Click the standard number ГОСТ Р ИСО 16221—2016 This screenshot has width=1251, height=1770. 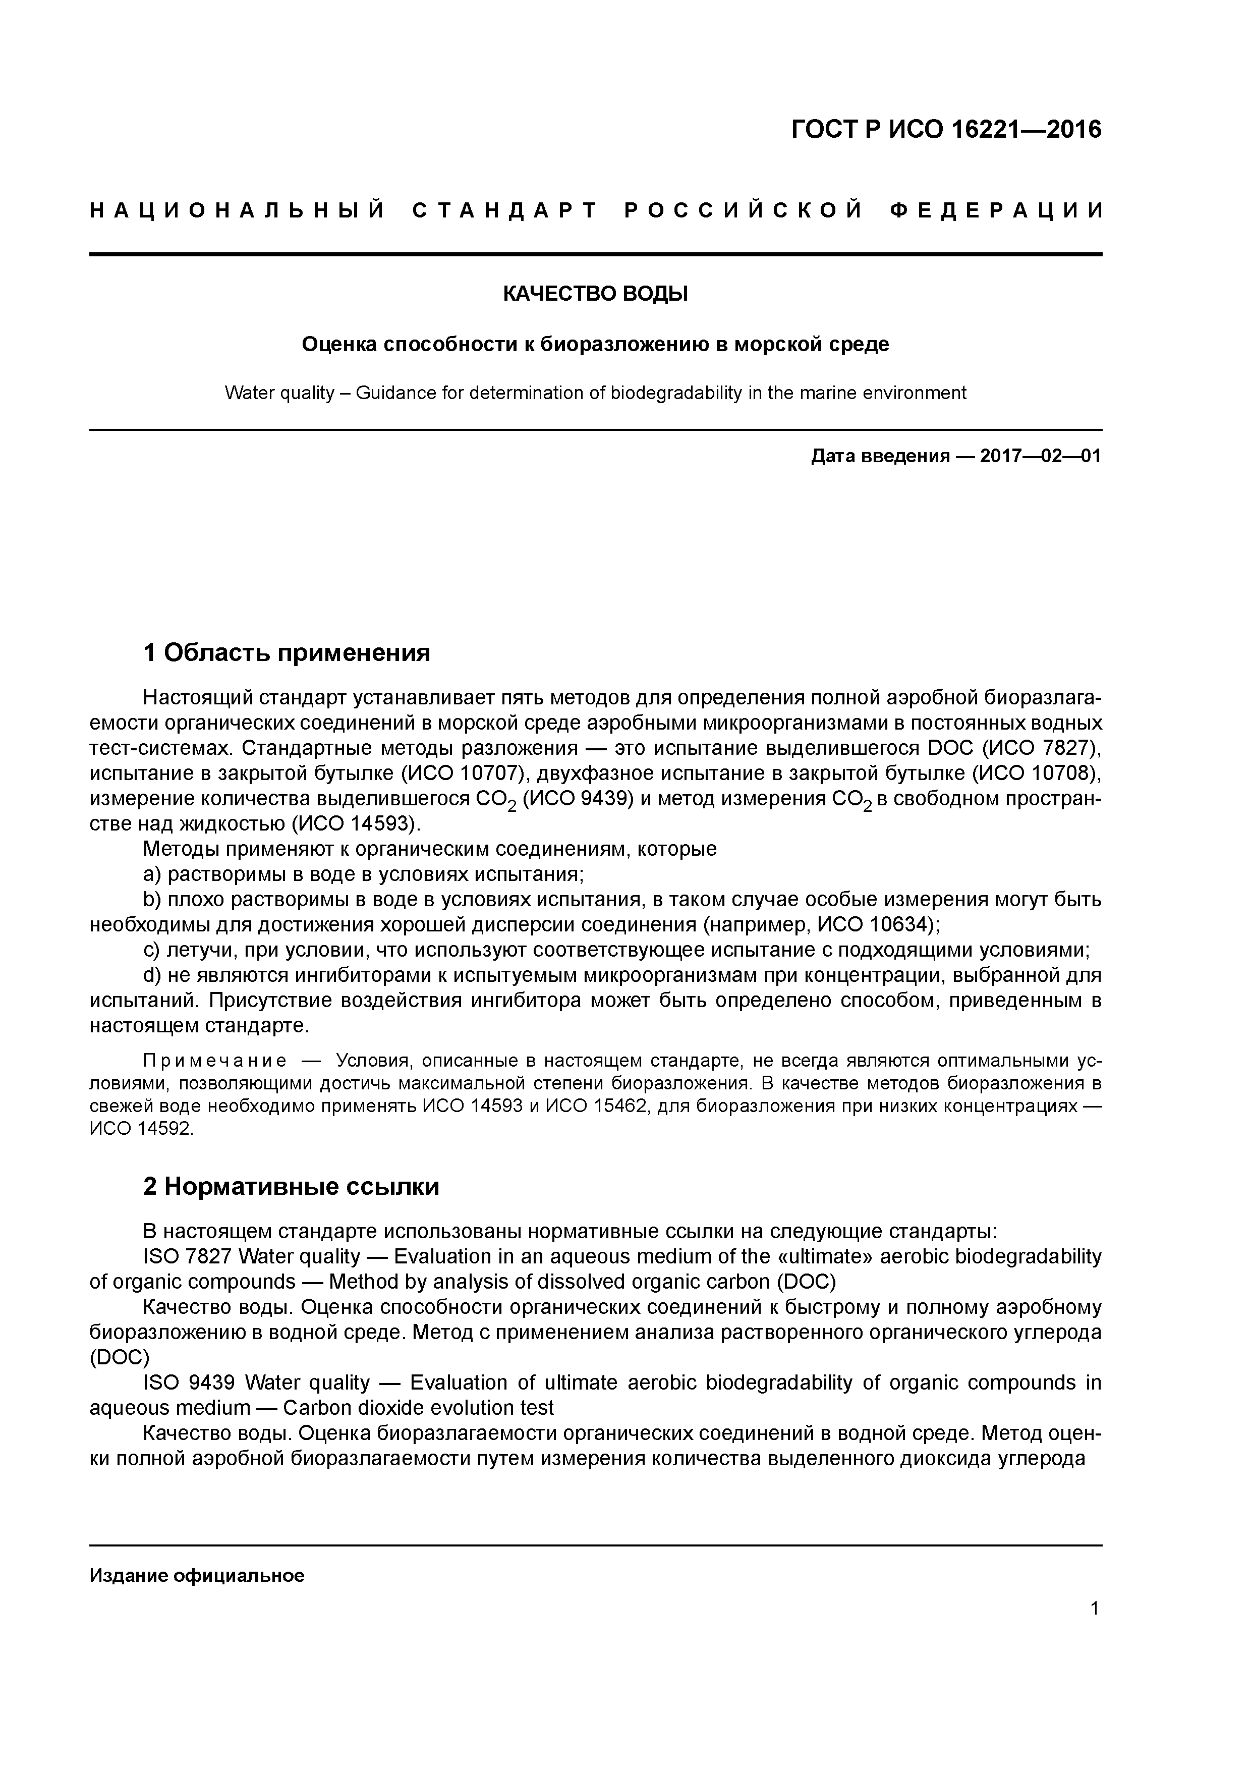point(946,130)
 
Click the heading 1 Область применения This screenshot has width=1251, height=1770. point(286,653)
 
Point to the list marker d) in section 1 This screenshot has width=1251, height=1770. point(152,975)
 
